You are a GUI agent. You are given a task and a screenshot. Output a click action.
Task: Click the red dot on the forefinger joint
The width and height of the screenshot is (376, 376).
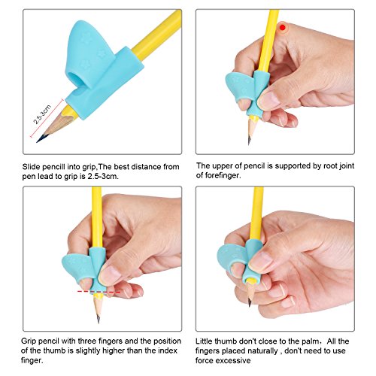coord(283,27)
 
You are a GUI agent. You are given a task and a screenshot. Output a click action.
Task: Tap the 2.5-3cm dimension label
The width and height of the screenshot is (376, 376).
coord(42,114)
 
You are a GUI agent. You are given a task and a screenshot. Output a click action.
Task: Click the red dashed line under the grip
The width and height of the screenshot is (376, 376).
coord(99,292)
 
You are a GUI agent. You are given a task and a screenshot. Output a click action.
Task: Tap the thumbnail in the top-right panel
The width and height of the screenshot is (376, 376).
coord(269,99)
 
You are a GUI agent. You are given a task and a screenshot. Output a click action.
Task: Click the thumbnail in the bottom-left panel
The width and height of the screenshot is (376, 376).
coord(110,274)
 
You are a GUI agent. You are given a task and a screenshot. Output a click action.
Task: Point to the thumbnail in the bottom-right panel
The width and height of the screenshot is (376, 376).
coord(261,260)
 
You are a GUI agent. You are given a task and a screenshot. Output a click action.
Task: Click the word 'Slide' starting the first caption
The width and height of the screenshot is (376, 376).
coord(31,167)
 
